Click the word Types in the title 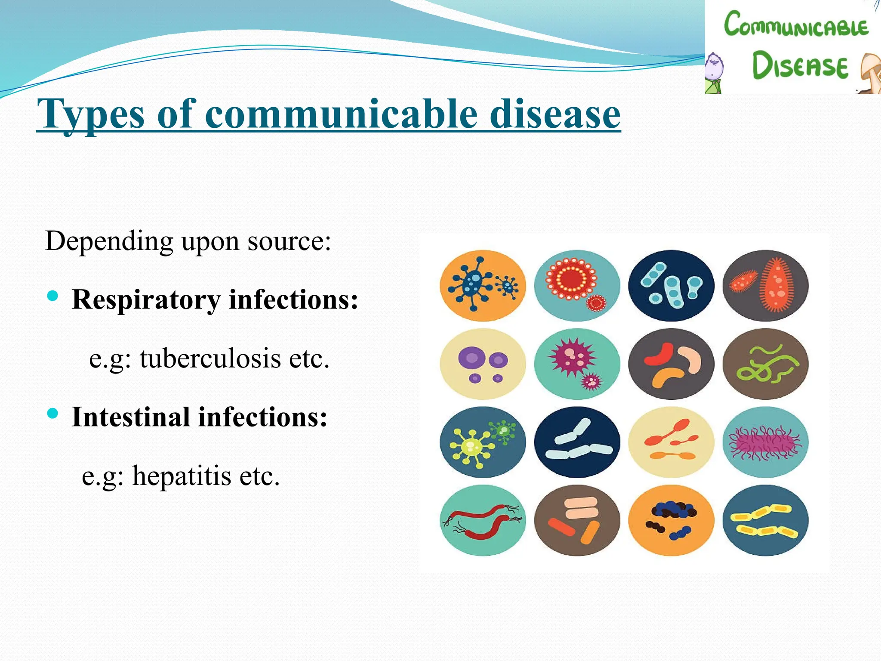coord(90,114)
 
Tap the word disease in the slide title coord(555,114)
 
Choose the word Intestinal coord(131,417)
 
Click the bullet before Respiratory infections coord(52,296)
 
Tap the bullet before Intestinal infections coord(52,414)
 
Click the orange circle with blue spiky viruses coord(483,286)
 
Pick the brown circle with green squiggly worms coord(765,364)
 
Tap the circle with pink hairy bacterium coord(765,442)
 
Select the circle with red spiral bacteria coord(483,520)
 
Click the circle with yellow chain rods coord(765,520)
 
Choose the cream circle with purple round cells coord(483,364)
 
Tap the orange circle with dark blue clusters coord(671,520)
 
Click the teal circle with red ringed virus coord(577,286)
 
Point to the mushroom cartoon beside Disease coord(872,73)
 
